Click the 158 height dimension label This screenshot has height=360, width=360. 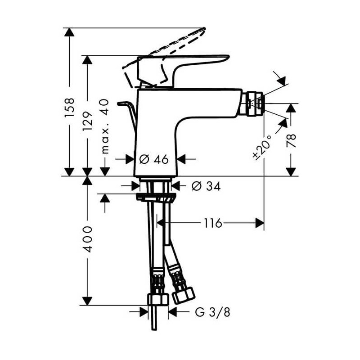pyautogui.click(x=69, y=108)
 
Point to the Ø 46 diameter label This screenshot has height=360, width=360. pyautogui.click(x=154, y=159)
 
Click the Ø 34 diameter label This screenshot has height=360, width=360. pyautogui.click(x=206, y=186)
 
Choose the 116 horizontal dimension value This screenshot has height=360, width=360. pyautogui.click(x=212, y=223)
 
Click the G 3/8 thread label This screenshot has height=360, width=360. pyautogui.click(x=212, y=312)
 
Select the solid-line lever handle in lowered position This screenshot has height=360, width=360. pyautogui.click(x=180, y=67)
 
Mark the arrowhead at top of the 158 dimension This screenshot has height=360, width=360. pyautogui.click(x=69, y=32)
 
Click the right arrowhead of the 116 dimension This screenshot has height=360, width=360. pyautogui.click(x=260, y=223)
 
